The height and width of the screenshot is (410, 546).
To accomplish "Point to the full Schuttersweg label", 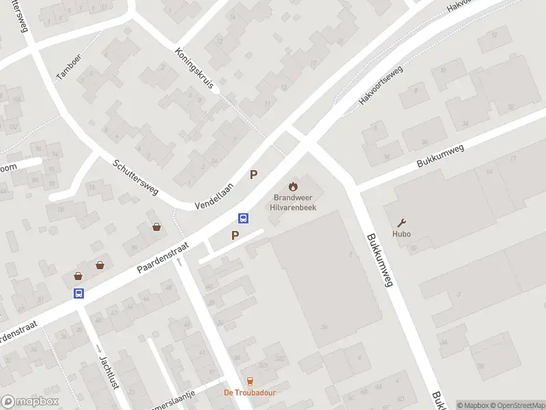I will [135, 177].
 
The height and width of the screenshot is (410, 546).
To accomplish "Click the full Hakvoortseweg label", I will [381, 90].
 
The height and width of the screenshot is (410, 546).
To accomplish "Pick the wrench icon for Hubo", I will [402, 223].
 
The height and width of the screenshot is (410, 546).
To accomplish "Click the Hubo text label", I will [402, 234].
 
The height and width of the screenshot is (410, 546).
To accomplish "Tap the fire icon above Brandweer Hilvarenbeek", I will [293, 186].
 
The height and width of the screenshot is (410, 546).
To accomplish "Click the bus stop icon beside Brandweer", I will [243, 218].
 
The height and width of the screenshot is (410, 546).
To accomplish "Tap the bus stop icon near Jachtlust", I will [79, 293].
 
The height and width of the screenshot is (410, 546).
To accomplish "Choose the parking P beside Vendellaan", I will [254, 175].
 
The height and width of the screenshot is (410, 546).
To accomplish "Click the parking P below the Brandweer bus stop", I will [235, 236].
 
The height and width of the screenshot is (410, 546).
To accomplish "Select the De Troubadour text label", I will [250, 392].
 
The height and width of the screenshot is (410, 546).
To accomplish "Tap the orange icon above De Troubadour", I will [250, 381].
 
